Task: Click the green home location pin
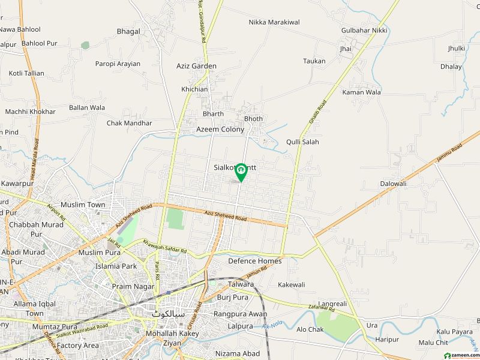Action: tap(241, 172)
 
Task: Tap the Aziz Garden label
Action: tap(196, 67)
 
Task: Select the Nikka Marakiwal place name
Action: tap(274, 22)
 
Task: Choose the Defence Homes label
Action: tap(254, 261)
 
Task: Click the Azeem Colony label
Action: tap(220, 129)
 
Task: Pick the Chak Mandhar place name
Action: tap(129, 123)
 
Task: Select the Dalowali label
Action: tap(393, 184)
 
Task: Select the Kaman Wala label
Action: tap(361, 92)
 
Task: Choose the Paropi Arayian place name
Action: tap(118, 64)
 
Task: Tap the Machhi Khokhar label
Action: tap(30, 112)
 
